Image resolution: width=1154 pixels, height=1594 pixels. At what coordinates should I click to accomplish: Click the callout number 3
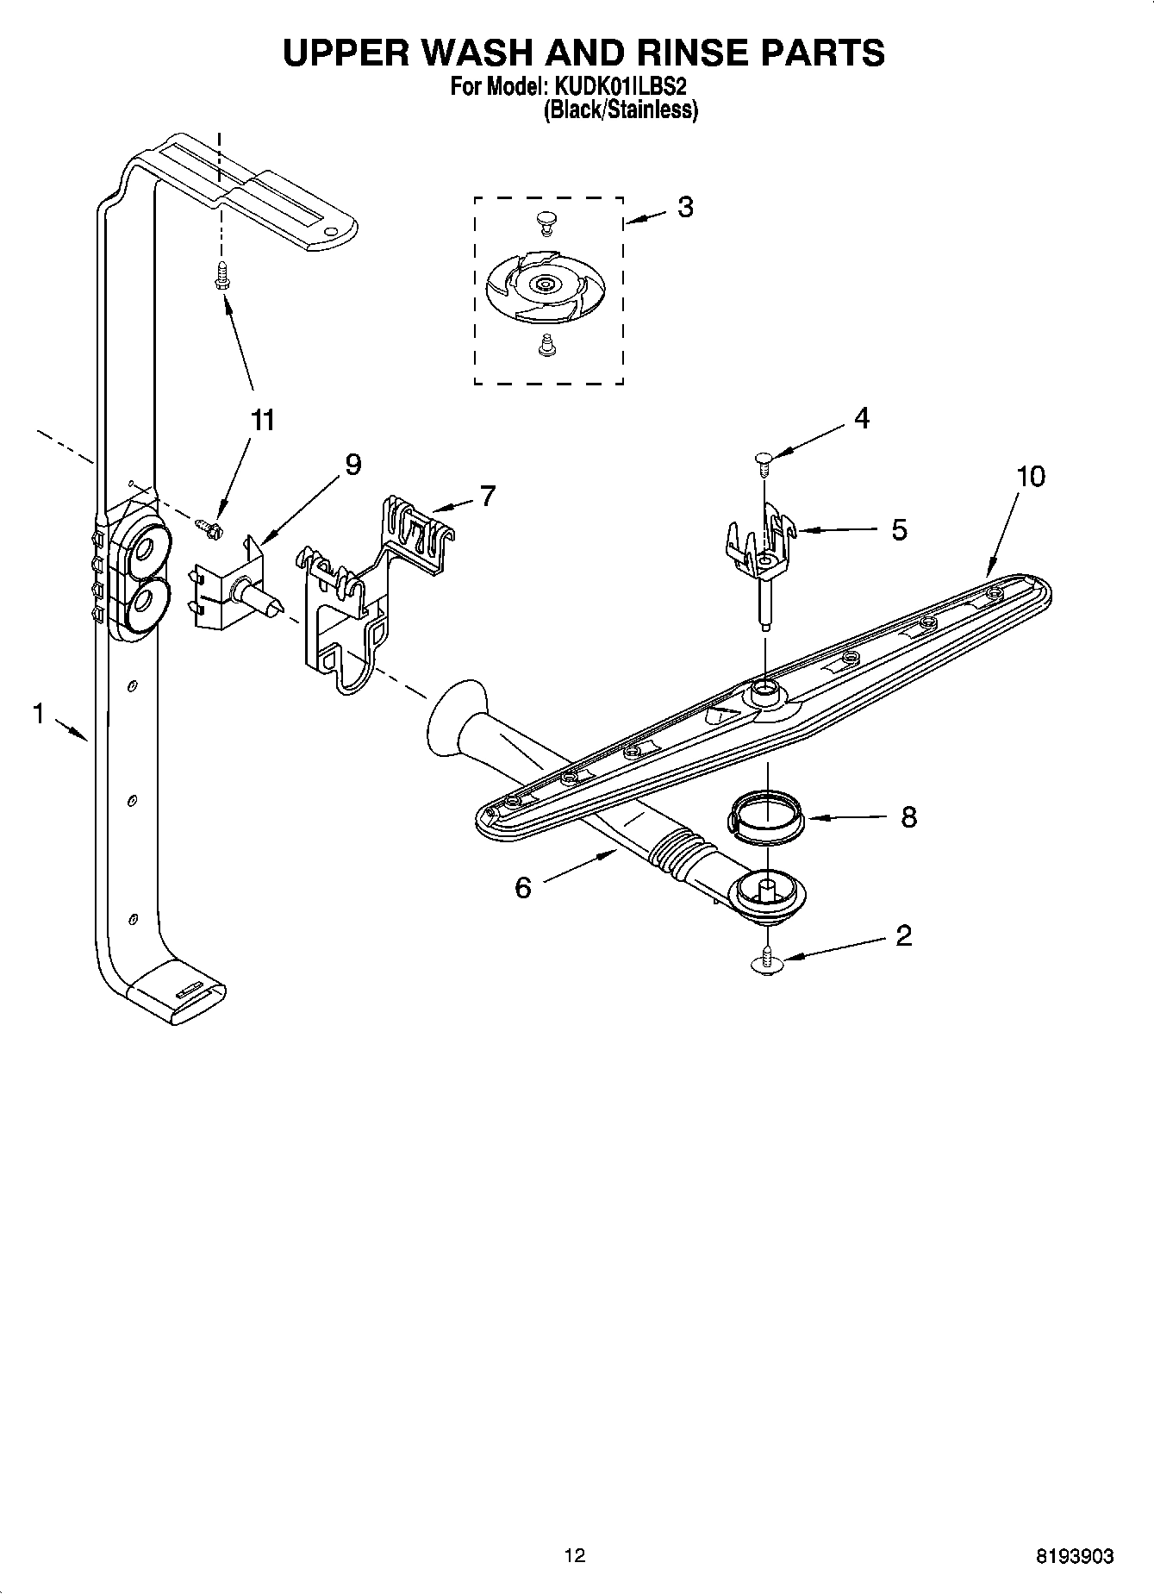point(685,207)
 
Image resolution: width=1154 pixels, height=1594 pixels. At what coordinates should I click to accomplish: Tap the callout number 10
point(1030,476)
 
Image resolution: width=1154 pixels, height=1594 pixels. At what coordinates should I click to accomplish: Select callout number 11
point(262,420)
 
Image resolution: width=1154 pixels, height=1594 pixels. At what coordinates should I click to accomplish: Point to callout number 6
point(523,887)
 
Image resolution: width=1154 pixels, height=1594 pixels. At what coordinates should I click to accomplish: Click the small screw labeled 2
point(765,961)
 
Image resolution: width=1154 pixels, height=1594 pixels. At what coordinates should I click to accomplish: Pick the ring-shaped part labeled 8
point(765,816)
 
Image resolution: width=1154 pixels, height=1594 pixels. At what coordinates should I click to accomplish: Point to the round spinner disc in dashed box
point(543,284)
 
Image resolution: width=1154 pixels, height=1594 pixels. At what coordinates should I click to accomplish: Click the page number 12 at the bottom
point(575,1555)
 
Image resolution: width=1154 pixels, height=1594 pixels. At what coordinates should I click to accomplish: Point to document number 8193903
point(1074,1556)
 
